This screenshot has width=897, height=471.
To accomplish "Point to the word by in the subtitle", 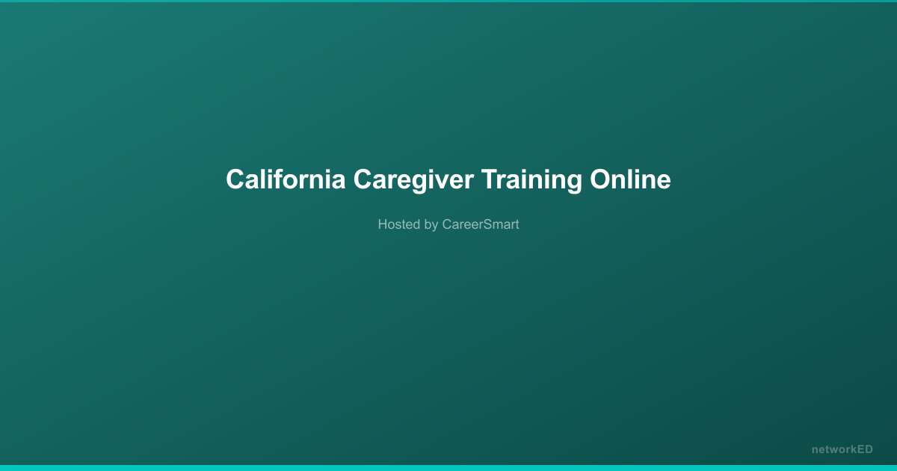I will coord(431,224).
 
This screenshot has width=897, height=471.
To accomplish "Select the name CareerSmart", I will coord(481,224).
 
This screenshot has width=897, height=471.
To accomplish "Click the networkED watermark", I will coord(842,449).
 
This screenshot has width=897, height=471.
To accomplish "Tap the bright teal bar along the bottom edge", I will coord(449,468).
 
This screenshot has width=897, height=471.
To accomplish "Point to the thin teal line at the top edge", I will coord(449,1).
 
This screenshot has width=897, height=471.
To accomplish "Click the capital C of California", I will coord(235,180).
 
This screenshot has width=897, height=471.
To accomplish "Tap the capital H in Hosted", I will coord(383,224).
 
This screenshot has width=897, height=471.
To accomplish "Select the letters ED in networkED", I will coord(865,449).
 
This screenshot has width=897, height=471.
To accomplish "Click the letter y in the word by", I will coord(435,226).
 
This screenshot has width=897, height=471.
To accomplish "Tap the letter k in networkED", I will coord(851,449).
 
